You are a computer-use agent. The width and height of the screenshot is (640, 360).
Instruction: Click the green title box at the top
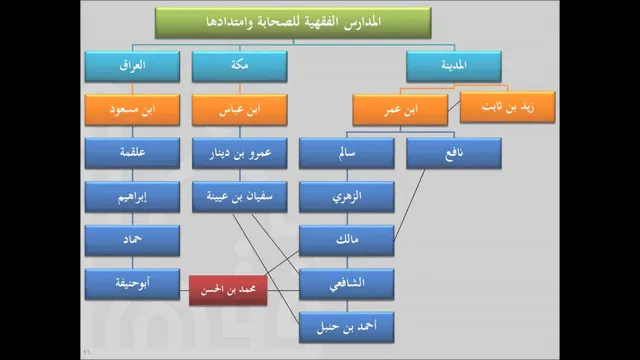(293, 23)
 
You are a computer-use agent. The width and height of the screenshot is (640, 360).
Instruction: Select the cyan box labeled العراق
(132, 66)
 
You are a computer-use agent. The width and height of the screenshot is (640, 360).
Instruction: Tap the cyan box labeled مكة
(240, 66)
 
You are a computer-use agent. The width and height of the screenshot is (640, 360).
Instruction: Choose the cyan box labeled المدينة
(454, 66)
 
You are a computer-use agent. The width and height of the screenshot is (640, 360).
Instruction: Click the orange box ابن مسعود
(132, 110)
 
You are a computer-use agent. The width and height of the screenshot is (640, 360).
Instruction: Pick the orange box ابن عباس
(240, 110)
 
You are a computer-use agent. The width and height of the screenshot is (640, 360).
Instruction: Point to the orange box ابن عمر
(400, 110)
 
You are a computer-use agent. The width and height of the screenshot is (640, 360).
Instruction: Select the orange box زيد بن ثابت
(507, 107)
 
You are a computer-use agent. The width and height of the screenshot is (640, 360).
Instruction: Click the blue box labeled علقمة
(132, 153)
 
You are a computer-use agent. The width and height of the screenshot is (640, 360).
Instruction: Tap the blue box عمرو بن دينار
(240, 153)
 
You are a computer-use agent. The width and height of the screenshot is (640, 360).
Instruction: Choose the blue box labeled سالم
(347, 153)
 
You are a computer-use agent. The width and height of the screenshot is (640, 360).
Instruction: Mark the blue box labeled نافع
(454, 153)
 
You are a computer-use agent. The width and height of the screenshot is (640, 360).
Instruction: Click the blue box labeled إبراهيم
(132, 197)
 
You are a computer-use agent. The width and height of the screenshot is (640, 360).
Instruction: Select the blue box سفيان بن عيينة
(240, 197)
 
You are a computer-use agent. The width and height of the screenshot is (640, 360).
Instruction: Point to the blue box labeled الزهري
(347, 197)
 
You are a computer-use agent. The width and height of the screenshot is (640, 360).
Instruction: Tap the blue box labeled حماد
(132, 240)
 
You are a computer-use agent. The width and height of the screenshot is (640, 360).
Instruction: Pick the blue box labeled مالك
(347, 240)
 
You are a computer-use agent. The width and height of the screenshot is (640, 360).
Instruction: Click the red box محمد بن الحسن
(228, 290)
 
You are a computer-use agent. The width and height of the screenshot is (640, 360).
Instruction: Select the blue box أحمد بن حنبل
(347, 327)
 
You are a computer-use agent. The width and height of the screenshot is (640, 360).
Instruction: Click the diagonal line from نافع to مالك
(409, 205)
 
